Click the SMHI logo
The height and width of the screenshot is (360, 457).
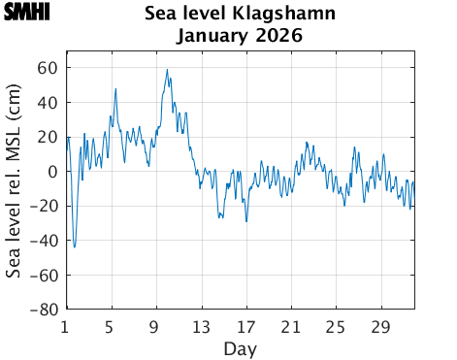(26, 14)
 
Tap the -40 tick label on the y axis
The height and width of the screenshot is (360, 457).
(45, 241)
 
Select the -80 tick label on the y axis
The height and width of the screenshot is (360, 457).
(45, 310)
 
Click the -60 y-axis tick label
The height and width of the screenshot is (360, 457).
(45, 276)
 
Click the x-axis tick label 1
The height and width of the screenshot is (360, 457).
(65, 326)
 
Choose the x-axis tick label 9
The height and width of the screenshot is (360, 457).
(155, 326)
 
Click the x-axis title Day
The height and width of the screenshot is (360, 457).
(240, 347)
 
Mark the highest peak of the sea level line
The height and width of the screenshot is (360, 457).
(167, 69)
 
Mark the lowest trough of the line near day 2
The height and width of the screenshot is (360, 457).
(75, 247)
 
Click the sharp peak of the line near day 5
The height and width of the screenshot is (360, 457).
(115, 88)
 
